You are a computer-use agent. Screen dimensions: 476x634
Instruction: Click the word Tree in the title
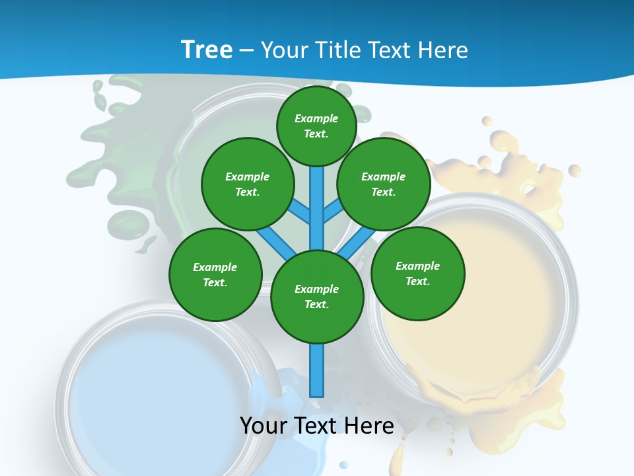point(207,50)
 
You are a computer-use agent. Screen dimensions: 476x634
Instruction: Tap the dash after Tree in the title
point(246,51)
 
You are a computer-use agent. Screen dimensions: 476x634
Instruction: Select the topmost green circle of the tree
point(316,126)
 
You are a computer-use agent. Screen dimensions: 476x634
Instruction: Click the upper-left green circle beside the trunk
point(248,184)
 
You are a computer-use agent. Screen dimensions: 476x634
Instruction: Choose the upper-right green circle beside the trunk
point(384,184)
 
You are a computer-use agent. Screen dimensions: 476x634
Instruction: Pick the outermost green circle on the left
point(215,275)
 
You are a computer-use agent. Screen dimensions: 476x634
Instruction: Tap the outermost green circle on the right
point(418,274)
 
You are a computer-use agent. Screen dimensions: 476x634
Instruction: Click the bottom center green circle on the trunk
point(317,297)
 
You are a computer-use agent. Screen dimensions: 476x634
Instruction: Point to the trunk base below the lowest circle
point(317,370)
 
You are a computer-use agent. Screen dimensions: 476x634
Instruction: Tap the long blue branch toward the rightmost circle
point(357,242)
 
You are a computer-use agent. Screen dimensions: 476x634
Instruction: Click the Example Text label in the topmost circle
point(316,126)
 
